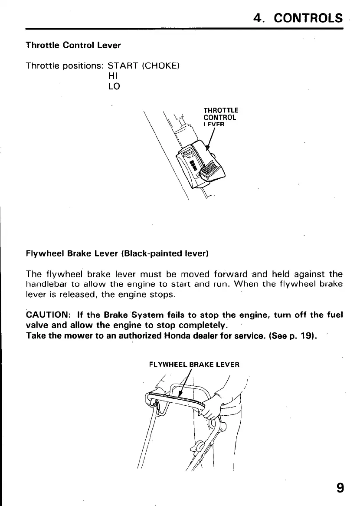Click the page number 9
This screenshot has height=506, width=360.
pos(340,488)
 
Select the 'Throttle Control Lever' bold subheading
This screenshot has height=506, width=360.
pos(73,45)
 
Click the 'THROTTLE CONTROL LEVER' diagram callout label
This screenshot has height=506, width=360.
pos(220,117)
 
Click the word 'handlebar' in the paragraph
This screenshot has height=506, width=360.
pos(44,284)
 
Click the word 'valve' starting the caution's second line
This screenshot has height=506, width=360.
pos(38,325)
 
